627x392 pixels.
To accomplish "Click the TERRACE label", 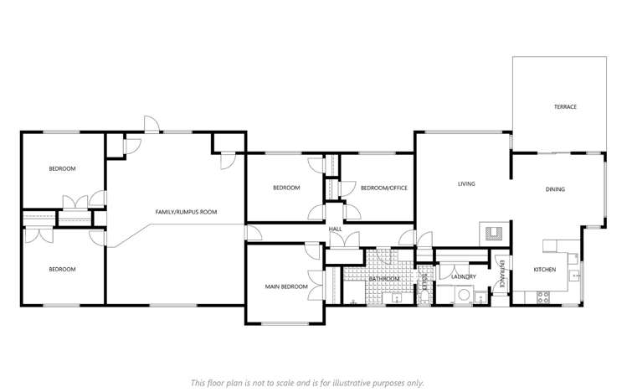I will pos(565,106).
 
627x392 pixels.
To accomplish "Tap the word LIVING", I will pos(466,183).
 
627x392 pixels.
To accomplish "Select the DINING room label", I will pos(555,189).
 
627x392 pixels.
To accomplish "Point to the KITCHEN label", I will pos(545,269).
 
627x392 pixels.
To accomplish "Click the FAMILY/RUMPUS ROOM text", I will pos(186,212).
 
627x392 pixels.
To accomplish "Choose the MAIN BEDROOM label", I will pos(286,287).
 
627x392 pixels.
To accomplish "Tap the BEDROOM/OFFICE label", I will pos(383,188).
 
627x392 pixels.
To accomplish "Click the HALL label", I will pos(335,229).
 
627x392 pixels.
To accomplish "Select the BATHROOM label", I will pos(384,278).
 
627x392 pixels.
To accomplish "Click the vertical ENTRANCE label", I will pos(501,274).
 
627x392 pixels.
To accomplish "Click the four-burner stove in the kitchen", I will pos(542,296).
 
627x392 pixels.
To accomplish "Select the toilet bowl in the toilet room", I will pos(425,291).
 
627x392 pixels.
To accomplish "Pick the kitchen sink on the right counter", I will pos(574,275).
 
